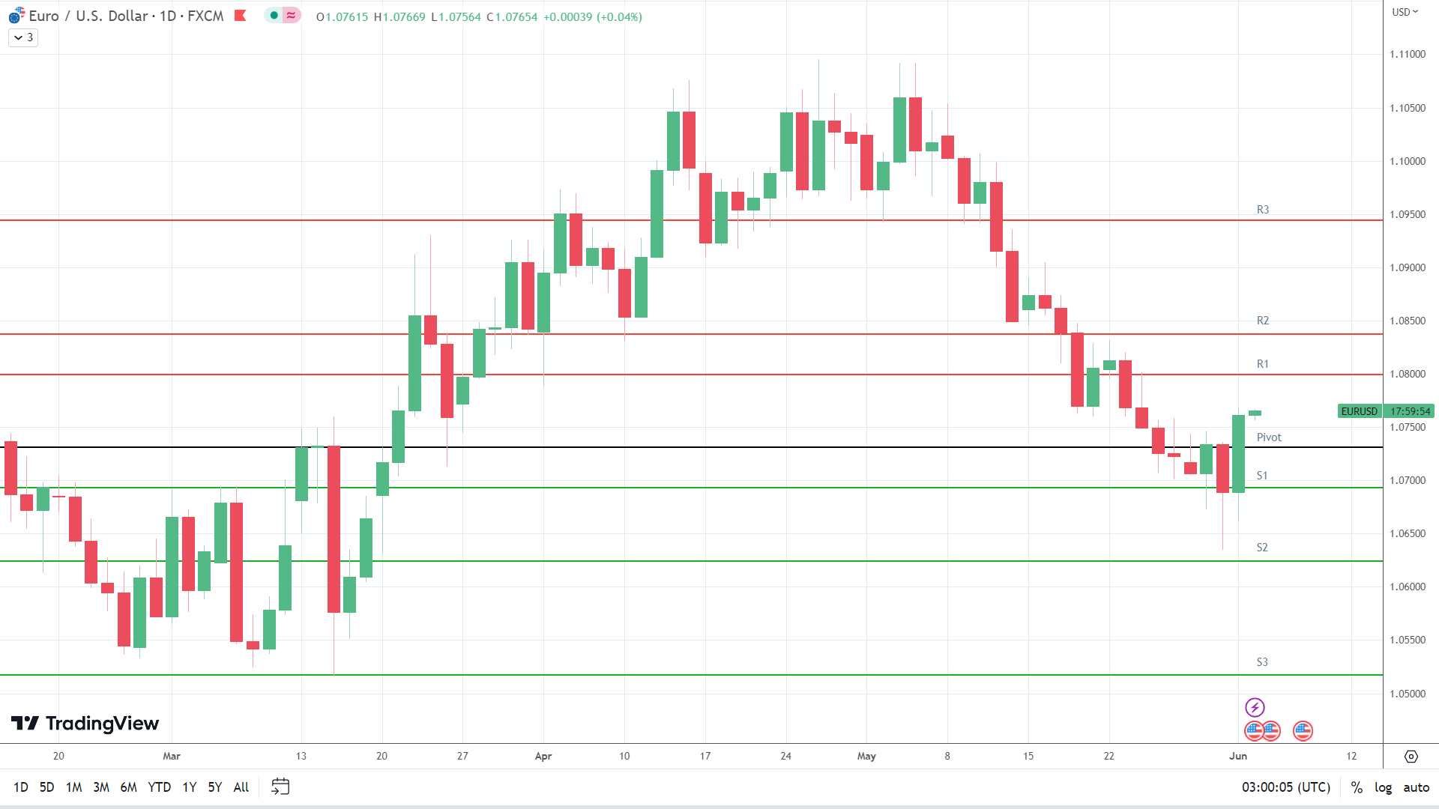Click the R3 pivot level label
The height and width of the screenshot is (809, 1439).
[x=1263, y=210]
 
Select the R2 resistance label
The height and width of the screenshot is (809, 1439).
[x=1263, y=321]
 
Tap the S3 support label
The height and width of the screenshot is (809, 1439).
[x=1262, y=662]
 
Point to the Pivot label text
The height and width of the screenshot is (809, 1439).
[x=1269, y=437]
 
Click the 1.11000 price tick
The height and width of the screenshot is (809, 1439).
[x=1408, y=55]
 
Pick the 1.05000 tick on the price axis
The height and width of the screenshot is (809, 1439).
[x=1408, y=694]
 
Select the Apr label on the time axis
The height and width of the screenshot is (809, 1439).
[x=543, y=757]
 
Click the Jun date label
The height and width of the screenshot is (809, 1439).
[x=1238, y=757]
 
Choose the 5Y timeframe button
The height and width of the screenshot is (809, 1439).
[x=215, y=787]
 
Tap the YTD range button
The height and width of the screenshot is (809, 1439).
[x=159, y=787]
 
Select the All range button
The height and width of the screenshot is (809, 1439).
[x=241, y=787]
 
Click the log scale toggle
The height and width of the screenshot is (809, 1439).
[x=1383, y=787]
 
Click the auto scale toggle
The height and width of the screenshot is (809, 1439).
[x=1417, y=787]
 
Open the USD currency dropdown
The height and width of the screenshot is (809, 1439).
[x=1405, y=12]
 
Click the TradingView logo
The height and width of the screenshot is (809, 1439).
[x=85, y=724]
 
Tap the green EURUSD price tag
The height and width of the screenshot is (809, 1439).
[x=1359, y=411]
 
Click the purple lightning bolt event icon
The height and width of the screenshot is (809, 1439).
[x=1255, y=707]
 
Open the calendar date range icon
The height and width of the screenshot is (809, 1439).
[x=280, y=787]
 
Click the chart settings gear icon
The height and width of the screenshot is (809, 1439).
[x=1411, y=757]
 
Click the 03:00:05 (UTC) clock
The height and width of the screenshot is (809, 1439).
[x=1286, y=787]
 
